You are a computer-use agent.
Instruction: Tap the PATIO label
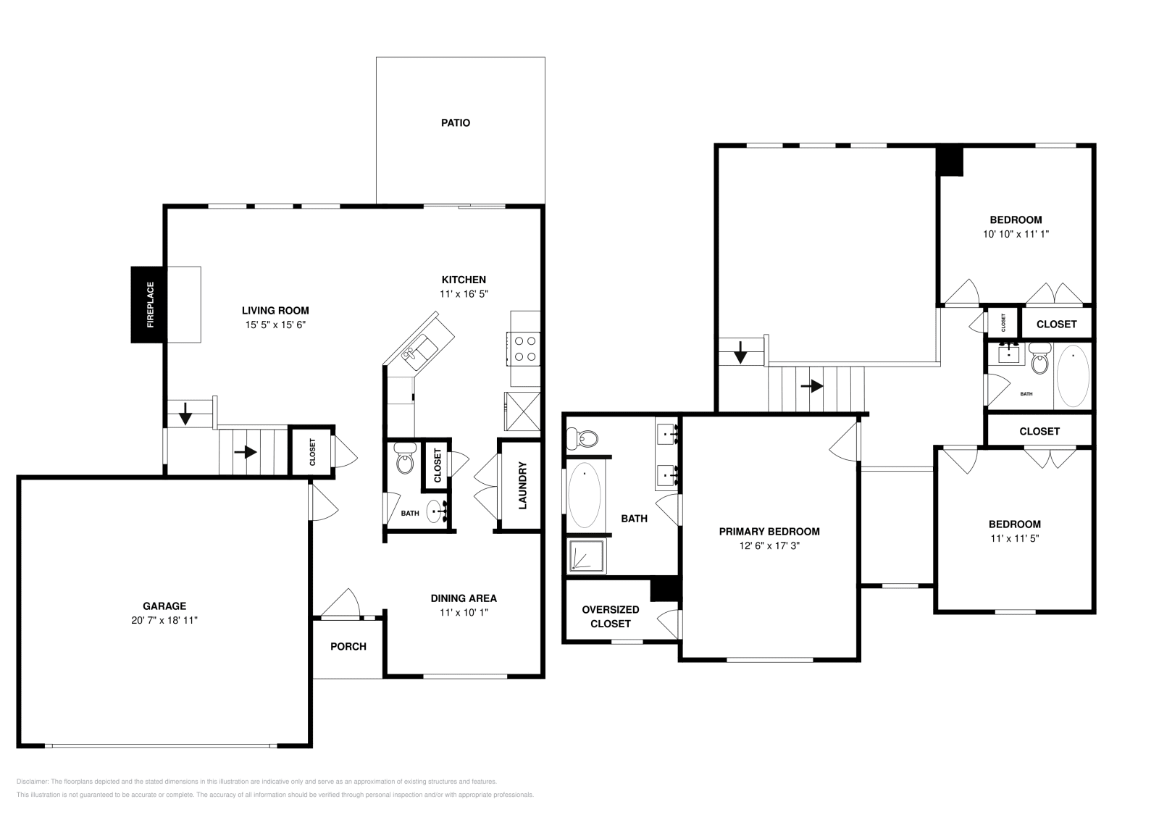click(x=456, y=123)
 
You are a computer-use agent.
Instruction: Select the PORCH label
click(x=348, y=647)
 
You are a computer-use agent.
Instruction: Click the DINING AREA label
click(x=464, y=598)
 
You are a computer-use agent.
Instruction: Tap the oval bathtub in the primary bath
click(x=585, y=496)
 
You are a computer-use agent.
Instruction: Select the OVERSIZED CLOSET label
click(x=611, y=616)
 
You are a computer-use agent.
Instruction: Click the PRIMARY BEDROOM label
click(x=769, y=532)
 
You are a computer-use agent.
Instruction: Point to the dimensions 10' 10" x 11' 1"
click(x=1016, y=234)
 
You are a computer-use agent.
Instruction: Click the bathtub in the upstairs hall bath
click(x=1073, y=375)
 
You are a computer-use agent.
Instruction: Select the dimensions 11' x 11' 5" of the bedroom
click(x=1014, y=538)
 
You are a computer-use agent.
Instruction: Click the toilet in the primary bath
click(x=584, y=437)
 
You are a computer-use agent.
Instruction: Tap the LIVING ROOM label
click(x=275, y=311)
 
